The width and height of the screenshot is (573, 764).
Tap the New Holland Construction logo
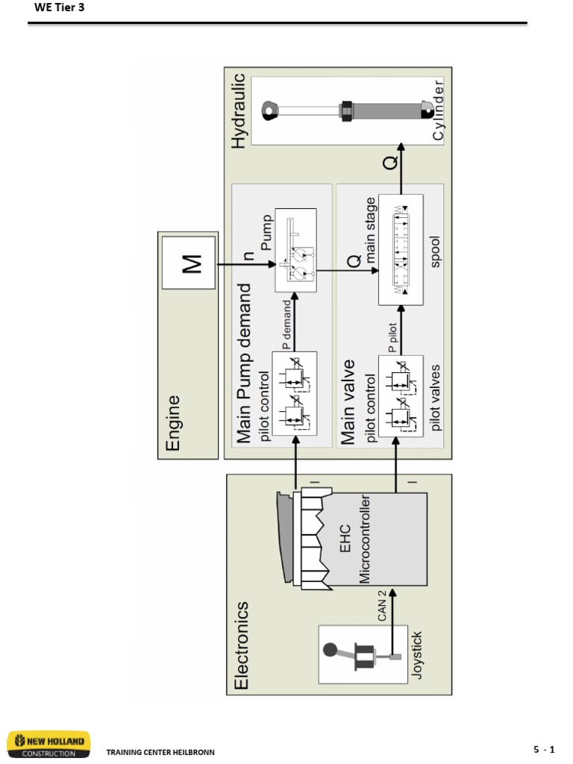coord(48,744)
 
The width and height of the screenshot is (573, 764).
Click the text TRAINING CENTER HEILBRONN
coord(160,752)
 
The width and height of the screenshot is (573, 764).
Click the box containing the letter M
coord(189,263)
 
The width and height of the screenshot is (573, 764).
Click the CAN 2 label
coord(382,604)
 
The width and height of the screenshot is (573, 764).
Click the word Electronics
coord(242,645)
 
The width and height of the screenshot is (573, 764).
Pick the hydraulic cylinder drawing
coord(347,110)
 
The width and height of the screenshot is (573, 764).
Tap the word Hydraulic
coord(238,110)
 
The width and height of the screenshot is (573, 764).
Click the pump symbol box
coord(295,250)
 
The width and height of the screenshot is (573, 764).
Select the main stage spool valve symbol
coord(400,249)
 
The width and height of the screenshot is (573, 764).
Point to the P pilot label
coord(393,336)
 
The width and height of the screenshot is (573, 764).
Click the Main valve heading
coord(348,402)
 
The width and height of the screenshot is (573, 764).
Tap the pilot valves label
coord(436,397)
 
